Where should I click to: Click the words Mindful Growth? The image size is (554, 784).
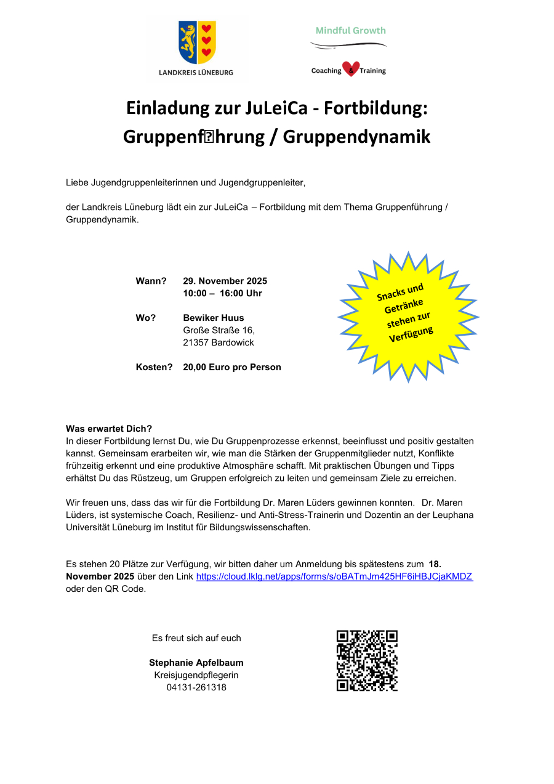(x=350, y=30)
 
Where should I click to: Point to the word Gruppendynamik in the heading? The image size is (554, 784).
(x=356, y=137)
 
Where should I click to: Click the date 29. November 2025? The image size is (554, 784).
(x=225, y=281)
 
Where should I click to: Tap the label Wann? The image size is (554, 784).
(x=151, y=281)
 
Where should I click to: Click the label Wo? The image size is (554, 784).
(x=146, y=318)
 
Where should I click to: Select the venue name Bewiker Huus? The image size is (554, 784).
(x=214, y=318)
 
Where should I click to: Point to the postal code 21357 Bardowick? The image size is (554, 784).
(x=219, y=342)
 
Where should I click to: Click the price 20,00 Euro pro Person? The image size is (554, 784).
(x=232, y=367)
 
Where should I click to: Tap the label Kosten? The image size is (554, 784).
(x=154, y=367)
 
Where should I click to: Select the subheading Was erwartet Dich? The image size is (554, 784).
(x=109, y=429)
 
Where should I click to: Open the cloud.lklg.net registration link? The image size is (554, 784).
(x=334, y=576)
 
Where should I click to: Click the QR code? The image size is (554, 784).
(x=367, y=660)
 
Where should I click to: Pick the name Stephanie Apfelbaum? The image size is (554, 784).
(x=196, y=663)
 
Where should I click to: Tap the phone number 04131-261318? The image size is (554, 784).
(x=196, y=687)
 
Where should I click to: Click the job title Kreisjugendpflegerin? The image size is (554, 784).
(x=196, y=675)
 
